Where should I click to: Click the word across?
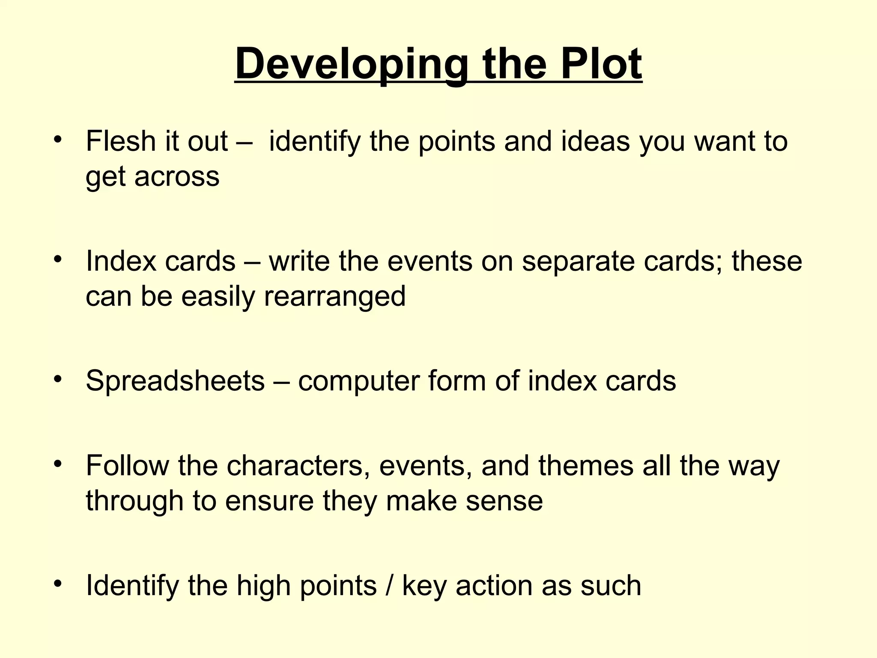pyautogui.click(x=177, y=176)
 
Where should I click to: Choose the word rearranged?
pyautogui.click(x=334, y=296)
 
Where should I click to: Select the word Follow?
pyautogui.click(x=128, y=465)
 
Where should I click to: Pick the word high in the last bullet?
pyautogui.click(x=264, y=586)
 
